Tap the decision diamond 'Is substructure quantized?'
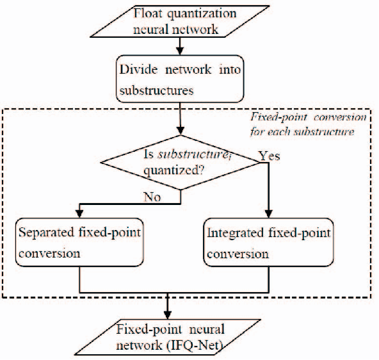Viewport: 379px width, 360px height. [183, 163]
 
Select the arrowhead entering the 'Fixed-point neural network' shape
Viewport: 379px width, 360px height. [168, 315]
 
